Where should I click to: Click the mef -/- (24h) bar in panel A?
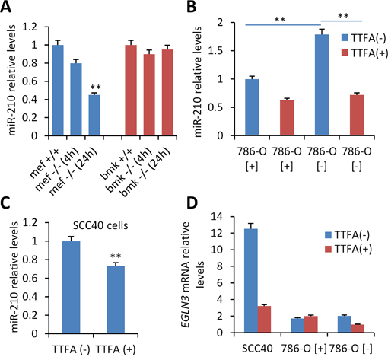click(94, 115)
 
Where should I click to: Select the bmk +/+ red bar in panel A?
click(131, 91)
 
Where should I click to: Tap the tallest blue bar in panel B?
click(322, 85)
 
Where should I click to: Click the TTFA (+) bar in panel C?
click(116, 300)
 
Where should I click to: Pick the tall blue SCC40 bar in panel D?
click(251, 281)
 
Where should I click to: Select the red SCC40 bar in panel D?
click(264, 320)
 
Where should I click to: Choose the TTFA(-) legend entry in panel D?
click(347, 234)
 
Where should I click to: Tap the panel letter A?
click(5, 7)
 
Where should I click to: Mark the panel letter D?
click(192, 203)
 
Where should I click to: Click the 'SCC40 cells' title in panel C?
click(101, 225)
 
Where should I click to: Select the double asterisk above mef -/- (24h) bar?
click(96, 88)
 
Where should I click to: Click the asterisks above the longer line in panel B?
click(280, 20)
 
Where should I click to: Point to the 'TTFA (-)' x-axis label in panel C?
click(71, 349)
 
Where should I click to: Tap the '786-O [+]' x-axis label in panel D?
click(304, 349)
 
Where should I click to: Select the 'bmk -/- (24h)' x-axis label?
click(146, 174)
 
